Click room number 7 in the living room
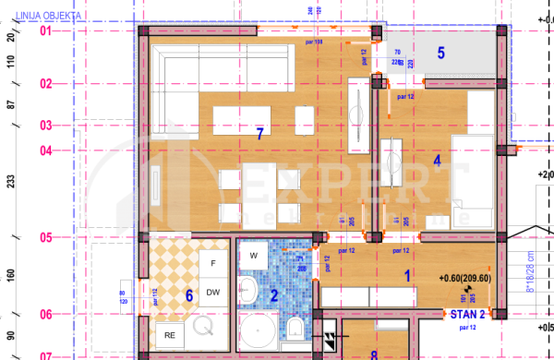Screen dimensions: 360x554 259,134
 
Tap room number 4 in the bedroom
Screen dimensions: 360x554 438,159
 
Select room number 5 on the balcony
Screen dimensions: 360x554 441,54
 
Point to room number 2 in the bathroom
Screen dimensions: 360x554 273,296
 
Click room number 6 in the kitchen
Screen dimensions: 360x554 189,295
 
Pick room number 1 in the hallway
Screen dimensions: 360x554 407,274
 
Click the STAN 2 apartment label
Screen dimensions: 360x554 466,315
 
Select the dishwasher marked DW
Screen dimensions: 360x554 213,292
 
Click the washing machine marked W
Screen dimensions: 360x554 253,253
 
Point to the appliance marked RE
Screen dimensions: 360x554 169,334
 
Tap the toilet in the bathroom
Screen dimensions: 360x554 292,328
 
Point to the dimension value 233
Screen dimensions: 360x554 11,183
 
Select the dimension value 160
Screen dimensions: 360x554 11,275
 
